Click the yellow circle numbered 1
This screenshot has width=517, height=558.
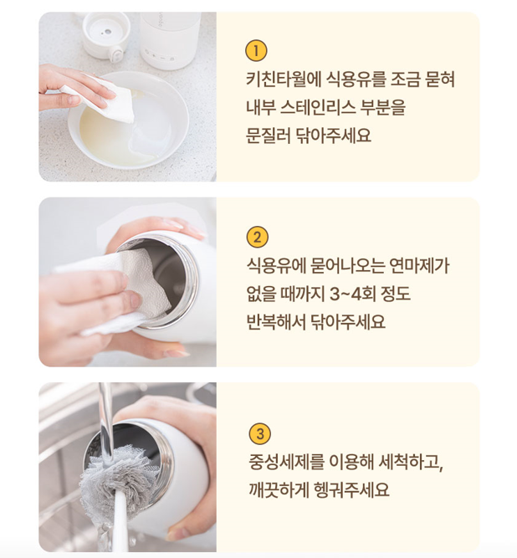pyautogui.click(x=256, y=51)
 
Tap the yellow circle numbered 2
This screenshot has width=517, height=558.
pyautogui.click(x=257, y=237)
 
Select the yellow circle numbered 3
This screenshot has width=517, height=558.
pyautogui.click(x=260, y=434)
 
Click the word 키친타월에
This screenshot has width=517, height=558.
pyautogui.click(x=284, y=79)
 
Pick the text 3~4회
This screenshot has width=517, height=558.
pyautogui.click(x=352, y=294)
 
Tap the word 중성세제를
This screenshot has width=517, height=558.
pyautogui.click(x=286, y=462)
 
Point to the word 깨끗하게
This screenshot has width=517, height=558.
pyautogui.click(x=279, y=490)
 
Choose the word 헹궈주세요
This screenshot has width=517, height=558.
pyautogui.click(x=351, y=490)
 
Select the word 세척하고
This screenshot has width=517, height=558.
pyautogui.click(x=410, y=462)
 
